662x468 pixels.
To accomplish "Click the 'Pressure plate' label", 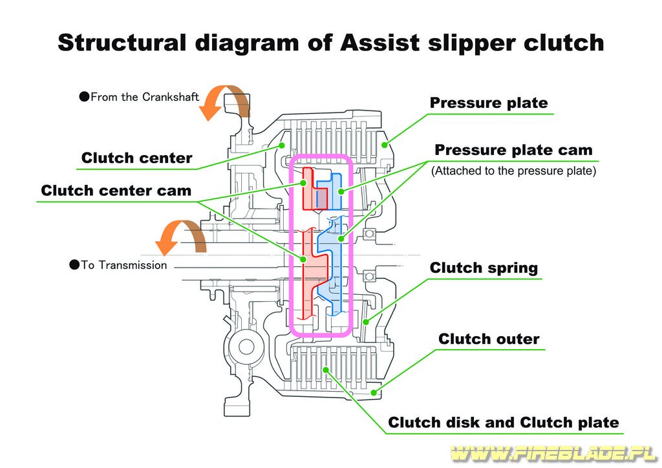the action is pyautogui.click(x=489, y=103).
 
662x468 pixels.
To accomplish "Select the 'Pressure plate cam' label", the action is pyautogui.click(x=513, y=150).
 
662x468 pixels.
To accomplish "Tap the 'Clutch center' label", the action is pyautogui.click(x=136, y=158).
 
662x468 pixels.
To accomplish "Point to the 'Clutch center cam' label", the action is pyautogui.click(x=116, y=190).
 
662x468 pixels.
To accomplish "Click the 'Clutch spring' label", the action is pyautogui.click(x=484, y=268).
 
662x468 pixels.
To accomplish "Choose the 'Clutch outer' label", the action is pyautogui.click(x=489, y=339).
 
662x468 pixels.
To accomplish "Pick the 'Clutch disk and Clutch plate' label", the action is pyautogui.click(x=503, y=422).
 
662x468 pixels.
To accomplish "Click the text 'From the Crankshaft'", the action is pyautogui.click(x=144, y=97).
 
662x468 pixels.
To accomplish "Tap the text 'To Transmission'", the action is pyautogui.click(x=123, y=265).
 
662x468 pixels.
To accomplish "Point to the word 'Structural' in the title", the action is pyautogui.click(x=122, y=43).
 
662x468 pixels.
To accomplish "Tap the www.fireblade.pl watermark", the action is pyautogui.click(x=553, y=453).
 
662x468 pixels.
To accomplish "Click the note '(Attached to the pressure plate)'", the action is pyautogui.click(x=513, y=171).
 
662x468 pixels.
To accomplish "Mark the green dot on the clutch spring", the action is pyautogui.click(x=366, y=322).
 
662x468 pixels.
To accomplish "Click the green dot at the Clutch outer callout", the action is pyautogui.click(x=374, y=392).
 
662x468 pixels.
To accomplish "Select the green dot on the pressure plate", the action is pyautogui.click(x=384, y=145).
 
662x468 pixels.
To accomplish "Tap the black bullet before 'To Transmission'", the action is pyautogui.click(x=74, y=265).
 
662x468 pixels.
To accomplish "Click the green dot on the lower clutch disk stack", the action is pyautogui.click(x=326, y=370).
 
